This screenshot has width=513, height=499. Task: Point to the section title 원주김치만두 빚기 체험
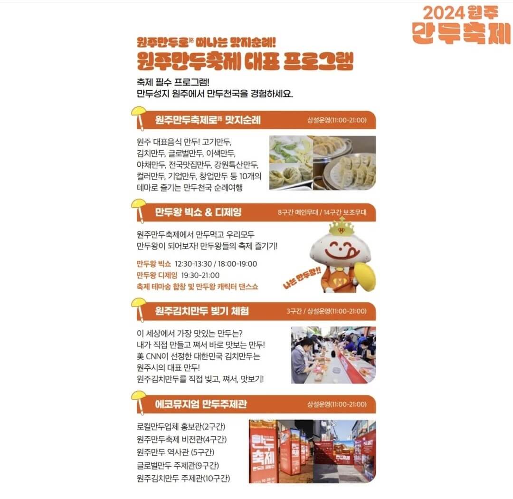click(202, 311)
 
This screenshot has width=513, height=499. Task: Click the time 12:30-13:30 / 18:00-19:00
click(216, 264)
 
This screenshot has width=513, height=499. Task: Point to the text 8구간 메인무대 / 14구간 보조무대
click(322, 212)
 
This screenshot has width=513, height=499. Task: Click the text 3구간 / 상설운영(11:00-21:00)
click(326, 311)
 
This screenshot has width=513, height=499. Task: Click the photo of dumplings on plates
click(323, 163)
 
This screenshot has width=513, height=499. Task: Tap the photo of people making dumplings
click(333, 355)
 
